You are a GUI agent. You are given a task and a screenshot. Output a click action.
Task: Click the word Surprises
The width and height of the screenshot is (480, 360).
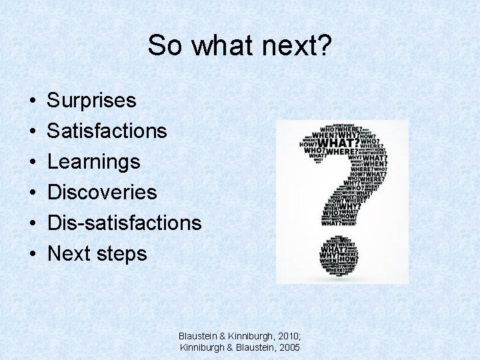coord(92,101)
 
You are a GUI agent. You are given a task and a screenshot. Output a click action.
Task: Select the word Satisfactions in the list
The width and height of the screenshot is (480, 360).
coord(107,131)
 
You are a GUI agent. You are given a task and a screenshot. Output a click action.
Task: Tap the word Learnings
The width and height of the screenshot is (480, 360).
coord(94,162)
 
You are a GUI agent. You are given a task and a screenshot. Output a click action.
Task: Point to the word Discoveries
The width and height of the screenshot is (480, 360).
coord(102,193)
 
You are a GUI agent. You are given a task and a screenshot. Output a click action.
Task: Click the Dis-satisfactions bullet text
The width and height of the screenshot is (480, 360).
coord(124,223)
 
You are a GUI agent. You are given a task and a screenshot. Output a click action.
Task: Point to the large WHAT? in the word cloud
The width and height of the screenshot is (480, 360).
coord(339,143)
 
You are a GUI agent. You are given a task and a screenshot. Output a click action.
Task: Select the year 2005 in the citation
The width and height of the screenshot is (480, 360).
coord(288,347)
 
